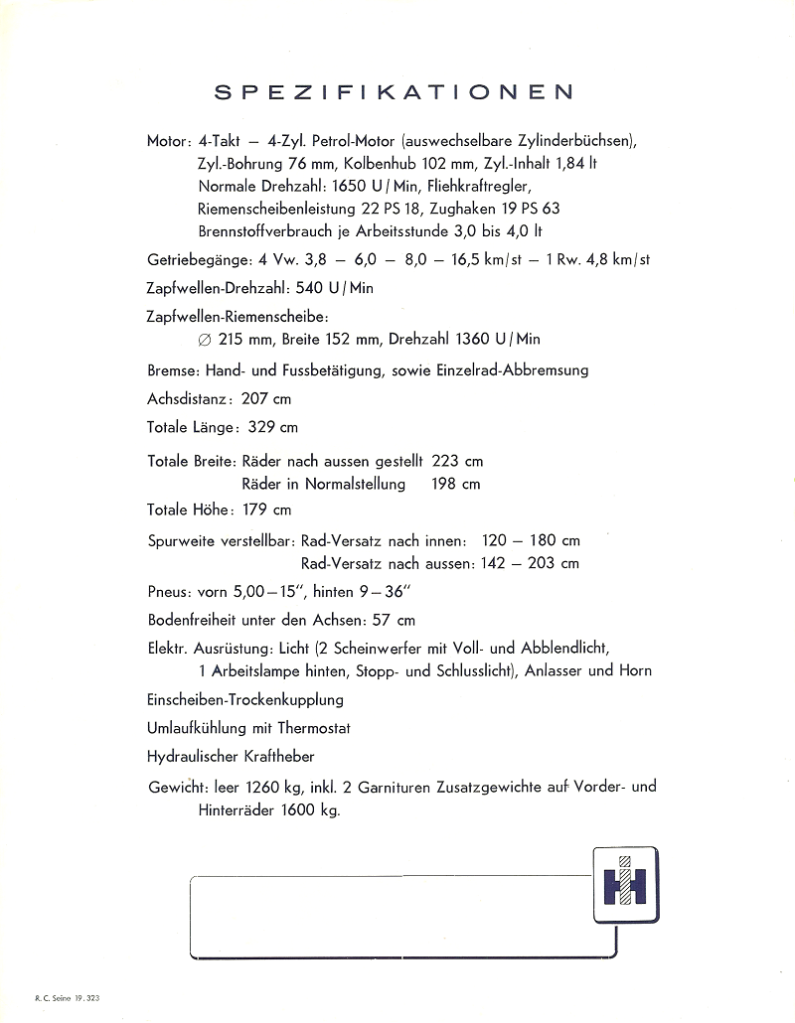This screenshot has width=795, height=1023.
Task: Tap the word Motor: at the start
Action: (168, 141)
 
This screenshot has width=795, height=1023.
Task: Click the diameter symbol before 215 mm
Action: (205, 340)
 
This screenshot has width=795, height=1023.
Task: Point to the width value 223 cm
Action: (458, 462)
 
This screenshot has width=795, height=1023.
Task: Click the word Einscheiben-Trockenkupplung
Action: (245, 699)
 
